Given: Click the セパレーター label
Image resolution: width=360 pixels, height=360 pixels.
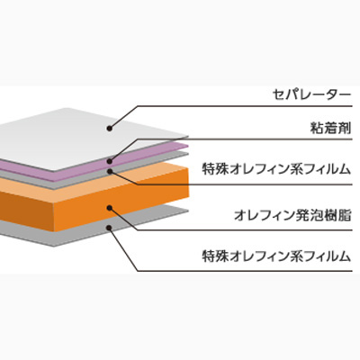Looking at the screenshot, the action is tap(311, 95).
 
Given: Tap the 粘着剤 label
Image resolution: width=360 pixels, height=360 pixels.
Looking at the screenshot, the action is tap(330, 129).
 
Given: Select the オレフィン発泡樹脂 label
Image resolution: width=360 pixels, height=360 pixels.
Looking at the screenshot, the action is tap(292, 215).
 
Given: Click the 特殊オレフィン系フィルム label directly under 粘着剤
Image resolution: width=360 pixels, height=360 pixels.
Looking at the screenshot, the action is tap(276, 169).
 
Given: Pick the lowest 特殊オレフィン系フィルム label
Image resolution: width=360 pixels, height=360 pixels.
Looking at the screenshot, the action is tap(276, 256).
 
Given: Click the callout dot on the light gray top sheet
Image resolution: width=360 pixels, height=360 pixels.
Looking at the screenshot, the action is tap(110, 129).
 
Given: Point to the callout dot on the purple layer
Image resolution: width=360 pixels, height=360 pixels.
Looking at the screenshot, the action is tap(110, 161).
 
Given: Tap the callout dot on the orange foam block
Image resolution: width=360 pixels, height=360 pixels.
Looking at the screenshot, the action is tap(110, 208).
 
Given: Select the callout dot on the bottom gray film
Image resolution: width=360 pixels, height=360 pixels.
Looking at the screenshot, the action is tap(110, 228).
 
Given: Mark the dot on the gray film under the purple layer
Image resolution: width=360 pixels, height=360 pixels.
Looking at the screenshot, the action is tap(110, 171).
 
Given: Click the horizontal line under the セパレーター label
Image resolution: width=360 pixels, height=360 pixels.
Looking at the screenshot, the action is tap(245, 106).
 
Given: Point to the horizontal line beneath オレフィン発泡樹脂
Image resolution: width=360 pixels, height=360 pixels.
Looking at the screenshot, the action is tap(245, 230).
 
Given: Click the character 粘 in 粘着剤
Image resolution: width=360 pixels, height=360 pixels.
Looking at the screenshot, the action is tap(316, 129).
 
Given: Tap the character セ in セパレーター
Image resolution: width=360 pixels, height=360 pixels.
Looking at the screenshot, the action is tap(279, 95).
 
